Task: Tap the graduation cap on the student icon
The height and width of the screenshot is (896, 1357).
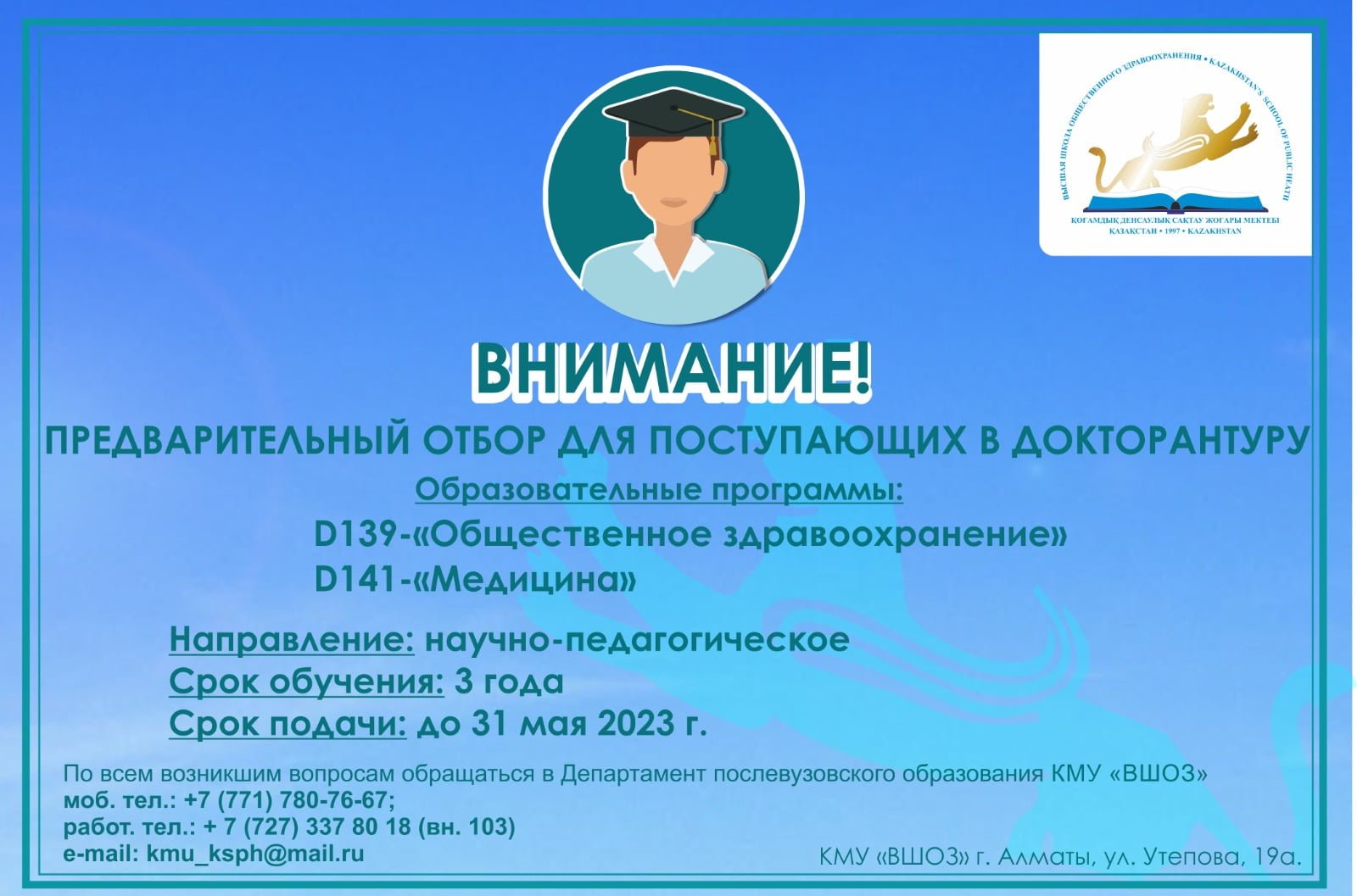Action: (x=673, y=119)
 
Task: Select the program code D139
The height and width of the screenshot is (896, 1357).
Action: (x=355, y=535)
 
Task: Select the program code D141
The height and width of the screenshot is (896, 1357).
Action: (x=355, y=579)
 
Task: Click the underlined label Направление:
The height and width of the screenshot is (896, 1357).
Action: (x=292, y=640)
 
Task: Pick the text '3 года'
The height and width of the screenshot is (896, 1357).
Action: (x=509, y=683)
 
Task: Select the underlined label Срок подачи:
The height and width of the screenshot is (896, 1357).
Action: (x=288, y=724)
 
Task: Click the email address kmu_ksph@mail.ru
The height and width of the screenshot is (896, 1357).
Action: (x=255, y=854)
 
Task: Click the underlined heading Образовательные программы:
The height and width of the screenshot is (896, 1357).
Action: (x=659, y=489)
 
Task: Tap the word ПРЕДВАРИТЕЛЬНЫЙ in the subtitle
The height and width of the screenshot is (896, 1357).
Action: (x=228, y=441)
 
